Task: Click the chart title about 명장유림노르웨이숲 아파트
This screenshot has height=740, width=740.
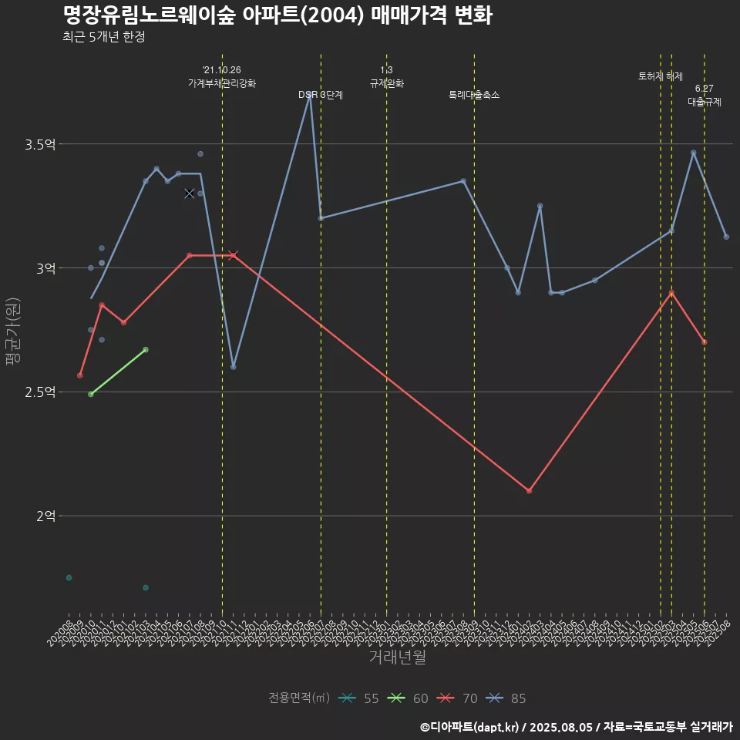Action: (x=277, y=15)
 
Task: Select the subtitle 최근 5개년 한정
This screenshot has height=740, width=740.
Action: (x=104, y=37)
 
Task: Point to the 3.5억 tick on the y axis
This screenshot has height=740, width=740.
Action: (x=40, y=144)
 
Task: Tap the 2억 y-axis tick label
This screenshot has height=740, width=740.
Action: (x=45, y=516)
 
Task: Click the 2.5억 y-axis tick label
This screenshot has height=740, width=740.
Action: (x=40, y=392)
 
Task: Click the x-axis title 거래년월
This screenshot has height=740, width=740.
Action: (x=397, y=658)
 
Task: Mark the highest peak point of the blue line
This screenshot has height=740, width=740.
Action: (x=310, y=96)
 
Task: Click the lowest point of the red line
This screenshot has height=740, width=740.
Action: (x=529, y=491)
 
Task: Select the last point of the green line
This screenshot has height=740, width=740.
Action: (x=146, y=349)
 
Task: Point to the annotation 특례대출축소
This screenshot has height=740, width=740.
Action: (x=474, y=95)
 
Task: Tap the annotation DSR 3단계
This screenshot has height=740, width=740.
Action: (x=321, y=95)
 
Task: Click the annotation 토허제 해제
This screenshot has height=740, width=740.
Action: (x=661, y=76)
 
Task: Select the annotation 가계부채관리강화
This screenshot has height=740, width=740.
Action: (x=222, y=82)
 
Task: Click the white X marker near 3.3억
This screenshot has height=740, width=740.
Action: (x=190, y=193)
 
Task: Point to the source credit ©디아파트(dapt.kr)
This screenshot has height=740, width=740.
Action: (x=470, y=726)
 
